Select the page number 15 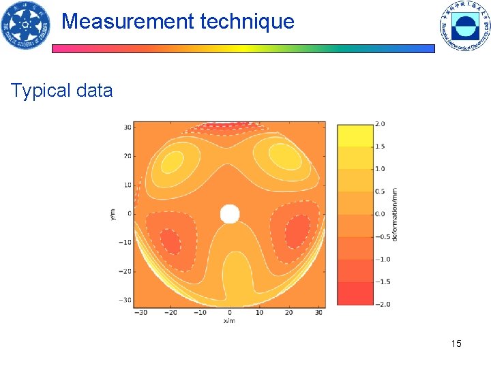coord(456,343)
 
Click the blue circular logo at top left coord(25,26)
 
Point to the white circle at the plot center coord(230,214)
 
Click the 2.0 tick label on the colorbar coord(380,124)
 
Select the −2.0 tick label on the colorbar coord(381,304)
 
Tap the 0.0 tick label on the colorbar coord(380,214)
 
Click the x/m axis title coord(229,321)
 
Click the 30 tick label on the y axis coord(127,127)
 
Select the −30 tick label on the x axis coord(141,313)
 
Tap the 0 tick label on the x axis coord(230,313)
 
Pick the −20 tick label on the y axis coord(125,271)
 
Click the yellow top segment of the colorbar coord(354,135)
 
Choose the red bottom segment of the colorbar coord(354,294)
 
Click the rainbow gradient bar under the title coord(243,49)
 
